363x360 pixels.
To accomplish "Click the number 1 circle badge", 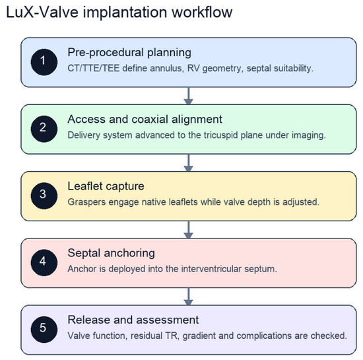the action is [44, 62].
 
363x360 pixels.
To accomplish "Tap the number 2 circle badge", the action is [44, 129].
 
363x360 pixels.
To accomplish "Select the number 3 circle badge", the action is [44, 196].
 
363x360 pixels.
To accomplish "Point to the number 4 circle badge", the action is [44, 262].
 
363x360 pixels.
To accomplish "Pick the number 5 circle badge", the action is [44, 330].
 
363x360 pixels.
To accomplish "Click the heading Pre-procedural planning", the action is [129, 53].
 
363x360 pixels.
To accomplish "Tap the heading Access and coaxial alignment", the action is [145, 120].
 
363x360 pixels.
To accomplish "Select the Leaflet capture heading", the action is [106, 186].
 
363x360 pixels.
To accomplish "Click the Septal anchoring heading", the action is [111, 253].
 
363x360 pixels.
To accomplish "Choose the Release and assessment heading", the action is [133, 320].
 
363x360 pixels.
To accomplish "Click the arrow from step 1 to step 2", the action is [189, 96].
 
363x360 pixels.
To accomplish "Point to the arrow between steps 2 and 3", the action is [189, 163].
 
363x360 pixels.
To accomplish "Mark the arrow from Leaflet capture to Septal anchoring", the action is [189, 230].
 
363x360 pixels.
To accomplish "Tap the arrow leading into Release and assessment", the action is [189, 297].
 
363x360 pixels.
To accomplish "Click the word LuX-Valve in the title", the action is [42, 13].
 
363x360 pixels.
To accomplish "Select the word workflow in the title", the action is [202, 12].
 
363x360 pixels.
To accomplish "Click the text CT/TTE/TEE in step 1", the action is [94, 68].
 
